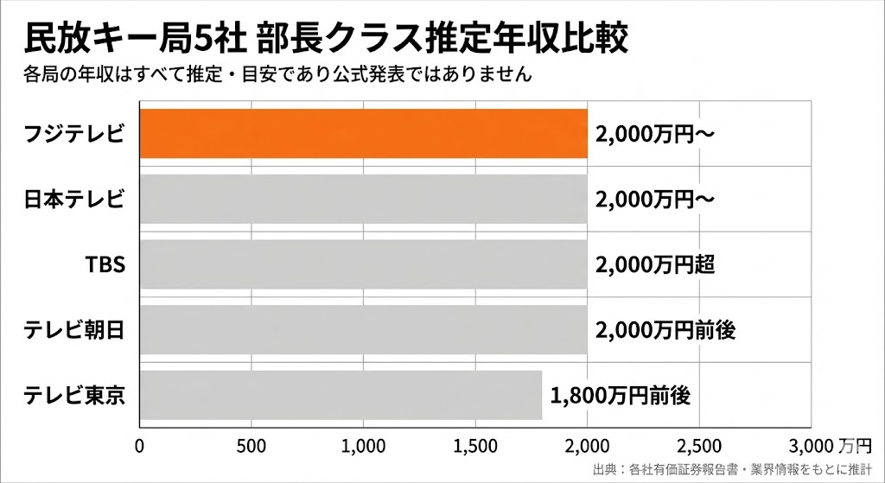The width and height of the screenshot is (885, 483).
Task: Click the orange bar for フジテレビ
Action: click(x=363, y=134)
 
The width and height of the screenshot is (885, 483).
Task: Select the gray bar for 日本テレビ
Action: click(x=363, y=199)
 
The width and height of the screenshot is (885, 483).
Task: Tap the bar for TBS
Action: click(x=363, y=264)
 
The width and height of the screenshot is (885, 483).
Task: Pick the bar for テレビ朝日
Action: click(x=363, y=330)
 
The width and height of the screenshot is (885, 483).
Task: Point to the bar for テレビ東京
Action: click(x=341, y=395)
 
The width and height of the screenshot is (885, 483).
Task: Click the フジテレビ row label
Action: click(x=76, y=134)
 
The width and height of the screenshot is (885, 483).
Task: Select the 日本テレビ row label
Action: click(x=76, y=199)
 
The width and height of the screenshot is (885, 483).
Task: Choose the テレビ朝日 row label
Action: click(x=76, y=330)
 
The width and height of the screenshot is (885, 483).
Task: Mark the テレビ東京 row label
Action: click(x=76, y=395)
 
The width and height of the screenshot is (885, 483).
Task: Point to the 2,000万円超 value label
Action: click(x=654, y=264)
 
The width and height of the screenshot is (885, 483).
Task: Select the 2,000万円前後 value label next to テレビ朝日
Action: click(x=665, y=330)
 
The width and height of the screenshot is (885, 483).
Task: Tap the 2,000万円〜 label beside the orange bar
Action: click(x=654, y=134)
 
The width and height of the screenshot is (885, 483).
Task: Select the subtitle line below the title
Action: click(x=277, y=74)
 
